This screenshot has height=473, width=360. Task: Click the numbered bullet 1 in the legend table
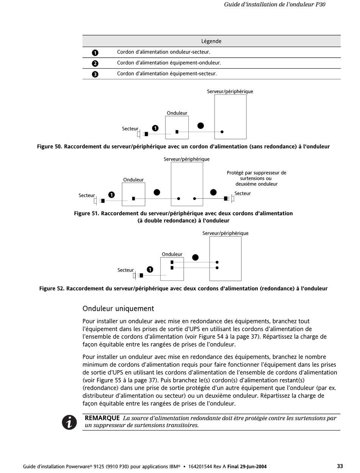[95, 53]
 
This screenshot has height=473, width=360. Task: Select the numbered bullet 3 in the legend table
[95, 74]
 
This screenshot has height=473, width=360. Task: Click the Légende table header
[211, 41]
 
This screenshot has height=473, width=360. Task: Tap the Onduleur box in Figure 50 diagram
[177, 127]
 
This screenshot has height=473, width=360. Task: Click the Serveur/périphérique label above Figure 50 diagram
[230, 91]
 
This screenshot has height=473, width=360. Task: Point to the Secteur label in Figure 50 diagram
[130, 129]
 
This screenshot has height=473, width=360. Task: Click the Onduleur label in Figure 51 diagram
[133, 180]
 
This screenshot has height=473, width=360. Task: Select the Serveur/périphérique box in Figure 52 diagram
[225, 258]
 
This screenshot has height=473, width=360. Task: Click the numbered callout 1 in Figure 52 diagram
[150, 269]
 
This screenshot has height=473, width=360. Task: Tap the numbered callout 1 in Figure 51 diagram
[111, 195]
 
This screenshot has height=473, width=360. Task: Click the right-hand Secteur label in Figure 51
[243, 193]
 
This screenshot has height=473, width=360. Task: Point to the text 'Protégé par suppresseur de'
[257, 173]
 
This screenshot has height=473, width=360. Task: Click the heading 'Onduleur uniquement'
[118, 309]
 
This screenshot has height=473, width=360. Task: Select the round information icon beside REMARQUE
[69, 422]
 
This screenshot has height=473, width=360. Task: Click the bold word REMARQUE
[102, 418]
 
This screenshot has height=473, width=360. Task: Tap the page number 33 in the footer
[340, 466]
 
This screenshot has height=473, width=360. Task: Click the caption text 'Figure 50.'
[50, 147]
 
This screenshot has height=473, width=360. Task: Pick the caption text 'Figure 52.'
[52, 288]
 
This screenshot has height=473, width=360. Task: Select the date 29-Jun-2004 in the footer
[253, 467]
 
